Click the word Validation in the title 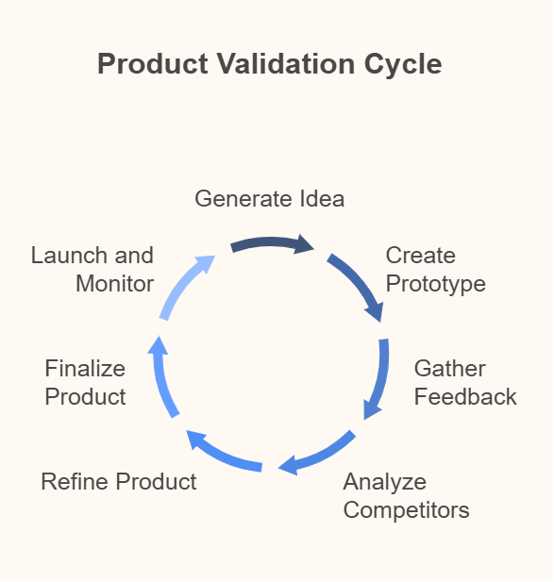click(286, 64)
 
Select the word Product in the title click(153, 64)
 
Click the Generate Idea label click(270, 199)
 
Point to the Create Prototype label click(435, 270)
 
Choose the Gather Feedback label click(465, 383)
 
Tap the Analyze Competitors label click(406, 496)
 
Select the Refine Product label click(119, 482)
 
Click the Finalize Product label click(85, 383)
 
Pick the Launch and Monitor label click(92, 270)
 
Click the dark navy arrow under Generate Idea click(273, 242)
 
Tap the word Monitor click(115, 284)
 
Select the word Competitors click(406, 510)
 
